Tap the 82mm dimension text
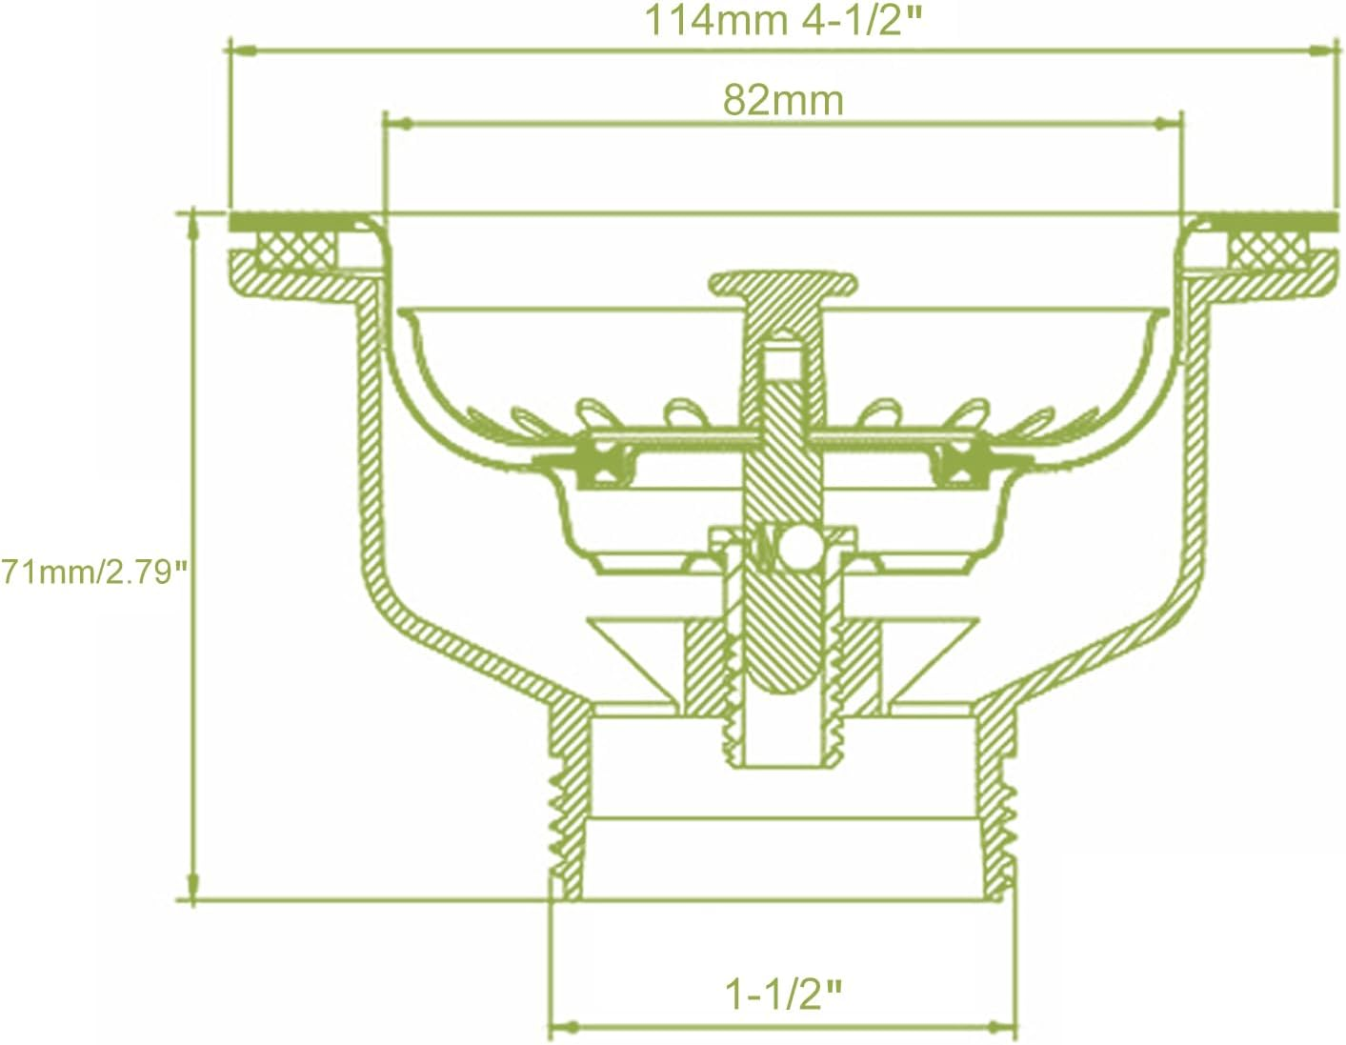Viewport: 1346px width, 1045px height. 783,99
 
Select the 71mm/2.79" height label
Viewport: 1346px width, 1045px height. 92,573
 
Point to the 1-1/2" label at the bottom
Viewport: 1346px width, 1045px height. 783,995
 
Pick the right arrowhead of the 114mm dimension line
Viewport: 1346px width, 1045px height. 1323,49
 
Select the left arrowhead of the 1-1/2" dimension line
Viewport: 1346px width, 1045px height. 565,1027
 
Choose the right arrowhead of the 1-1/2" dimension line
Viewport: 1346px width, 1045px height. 1002,1027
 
